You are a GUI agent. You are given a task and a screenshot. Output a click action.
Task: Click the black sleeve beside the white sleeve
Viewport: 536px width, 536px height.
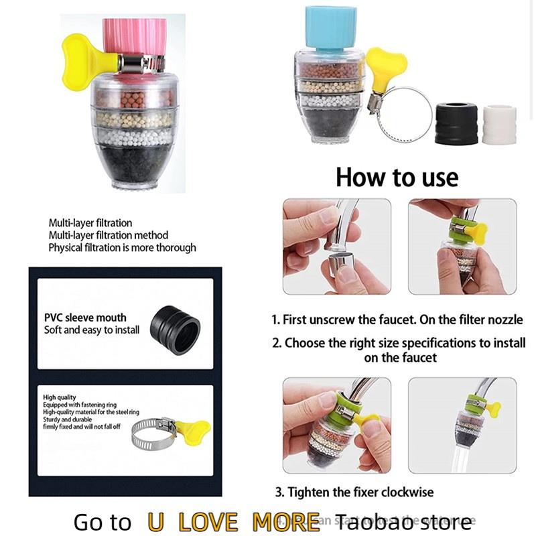click(x=456, y=123)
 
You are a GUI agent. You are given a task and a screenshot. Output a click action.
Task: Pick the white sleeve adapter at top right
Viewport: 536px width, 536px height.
click(x=499, y=124)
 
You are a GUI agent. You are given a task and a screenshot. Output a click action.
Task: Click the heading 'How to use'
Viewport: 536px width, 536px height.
click(x=397, y=178)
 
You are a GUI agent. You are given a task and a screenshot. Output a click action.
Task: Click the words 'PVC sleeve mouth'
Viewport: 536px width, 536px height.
click(x=85, y=318)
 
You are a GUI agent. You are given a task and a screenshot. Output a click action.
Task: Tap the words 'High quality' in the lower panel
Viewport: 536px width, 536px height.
click(x=60, y=397)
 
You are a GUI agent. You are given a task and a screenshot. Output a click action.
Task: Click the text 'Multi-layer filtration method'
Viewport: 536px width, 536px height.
click(x=108, y=235)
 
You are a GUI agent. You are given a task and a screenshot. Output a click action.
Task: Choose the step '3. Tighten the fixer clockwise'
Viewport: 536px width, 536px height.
click(x=354, y=492)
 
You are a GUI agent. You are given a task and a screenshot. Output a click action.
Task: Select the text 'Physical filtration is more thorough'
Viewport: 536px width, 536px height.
click(x=122, y=247)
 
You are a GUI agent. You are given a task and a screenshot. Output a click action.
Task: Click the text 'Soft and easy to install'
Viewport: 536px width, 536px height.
click(x=92, y=330)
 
